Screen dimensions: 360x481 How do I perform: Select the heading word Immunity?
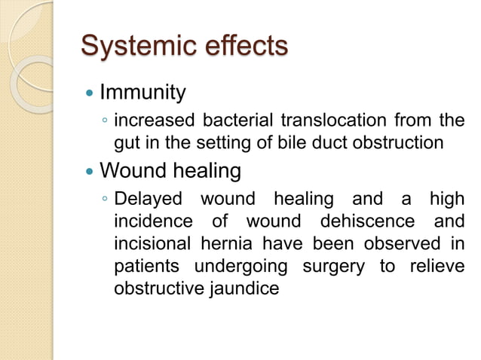(x=142, y=93)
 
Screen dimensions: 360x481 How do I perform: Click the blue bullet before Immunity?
(x=90, y=94)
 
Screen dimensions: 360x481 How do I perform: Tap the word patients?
(x=146, y=267)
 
